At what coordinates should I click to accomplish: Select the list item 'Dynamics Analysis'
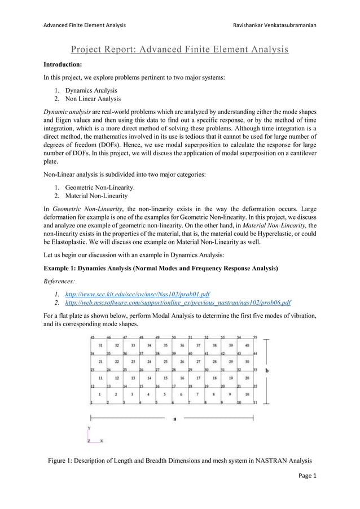pyautogui.click(x=91, y=90)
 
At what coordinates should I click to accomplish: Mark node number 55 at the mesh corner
pyautogui.click(x=255, y=336)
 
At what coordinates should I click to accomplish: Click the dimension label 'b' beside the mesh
pyautogui.click(x=266, y=370)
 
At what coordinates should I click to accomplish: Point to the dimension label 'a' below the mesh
pyautogui.click(x=174, y=419)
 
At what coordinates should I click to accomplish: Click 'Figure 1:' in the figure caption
pyautogui.click(x=63, y=462)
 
